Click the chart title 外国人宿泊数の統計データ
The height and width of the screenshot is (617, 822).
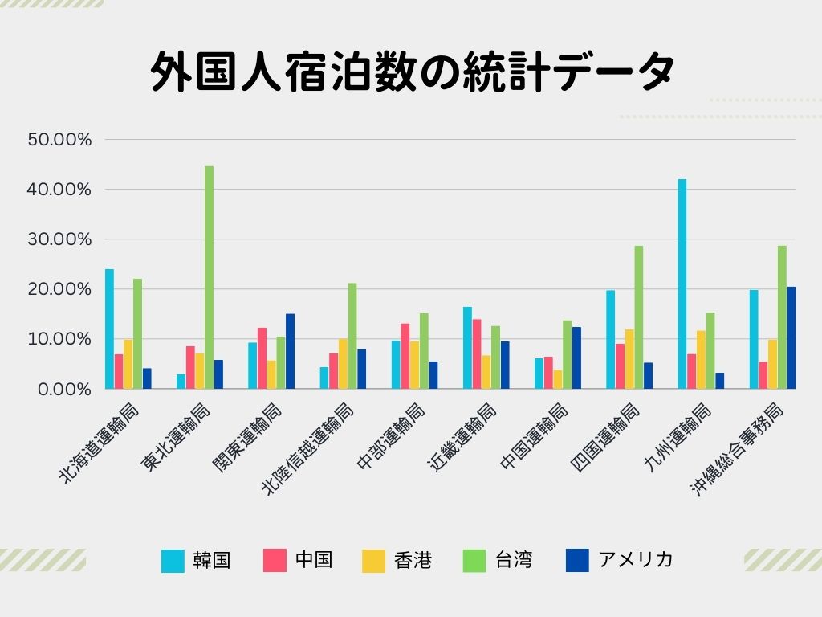pyautogui.click(x=411, y=74)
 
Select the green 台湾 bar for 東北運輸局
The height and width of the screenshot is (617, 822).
pyautogui.click(x=209, y=277)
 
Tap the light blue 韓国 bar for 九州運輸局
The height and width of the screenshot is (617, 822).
pyautogui.click(x=682, y=284)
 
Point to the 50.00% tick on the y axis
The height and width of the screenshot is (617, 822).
pyautogui.click(x=60, y=139)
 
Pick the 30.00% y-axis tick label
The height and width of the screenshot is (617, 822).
pyautogui.click(x=60, y=239)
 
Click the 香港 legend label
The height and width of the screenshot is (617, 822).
pyautogui.click(x=413, y=560)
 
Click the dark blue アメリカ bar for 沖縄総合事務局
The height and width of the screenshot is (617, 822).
pyautogui.click(x=791, y=337)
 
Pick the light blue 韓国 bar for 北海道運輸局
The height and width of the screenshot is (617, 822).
pyautogui.click(x=109, y=329)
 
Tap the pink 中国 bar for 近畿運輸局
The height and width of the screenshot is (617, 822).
pyautogui.click(x=477, y=353)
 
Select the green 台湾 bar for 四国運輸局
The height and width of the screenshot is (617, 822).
pyautogui.click(x=639, y=317)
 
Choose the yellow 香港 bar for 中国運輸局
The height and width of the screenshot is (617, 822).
pyautogui.click(x=557, y=379)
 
